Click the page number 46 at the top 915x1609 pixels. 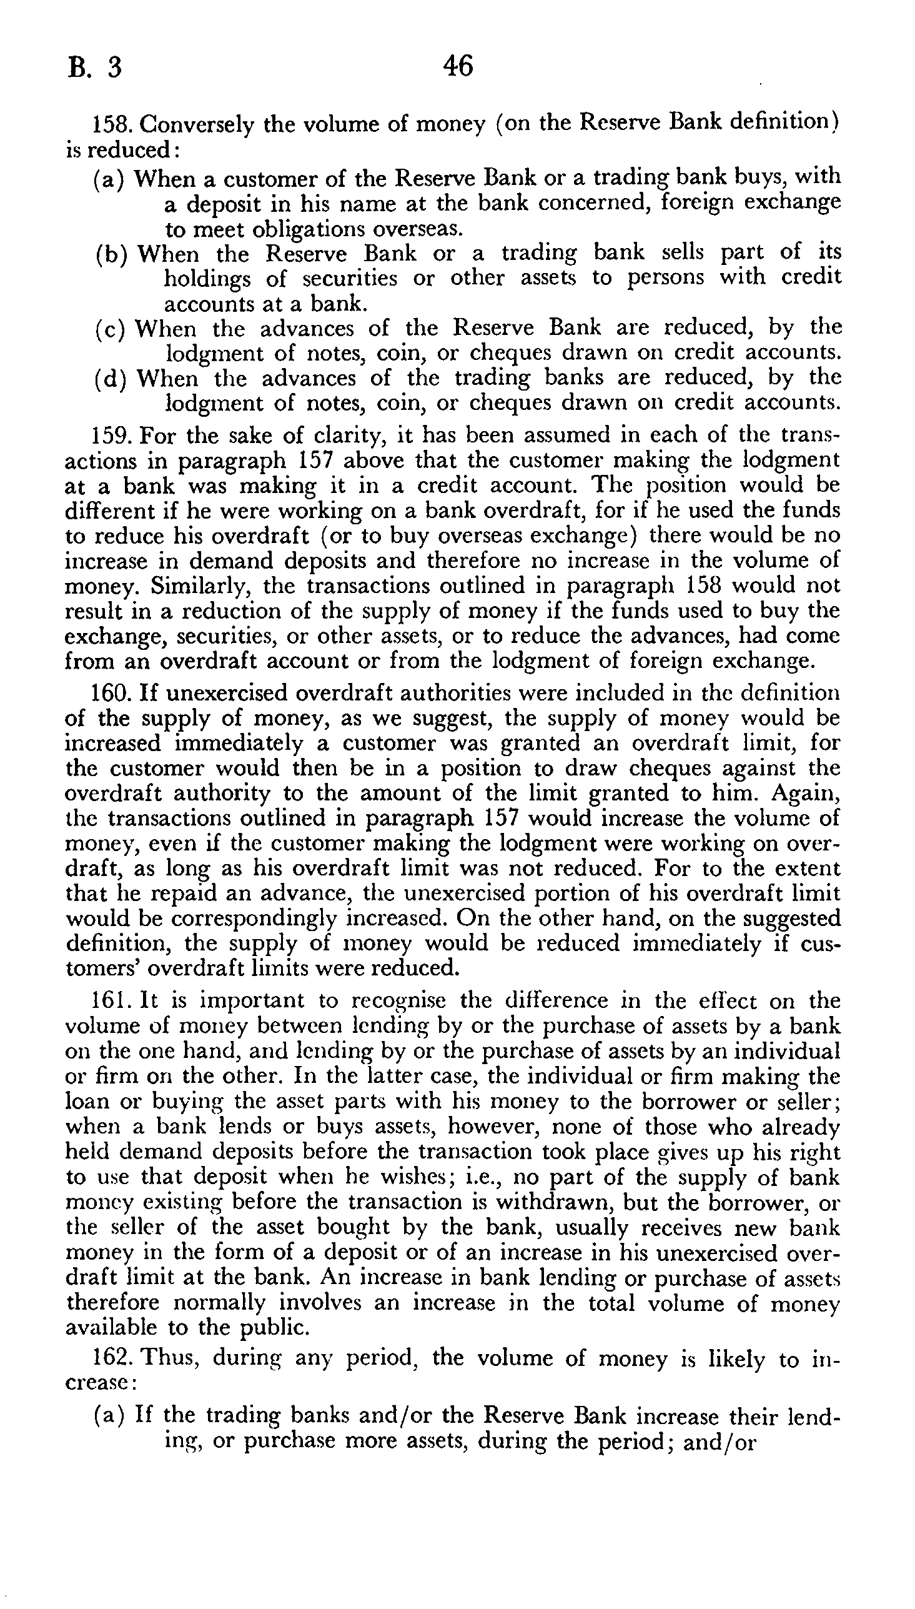pyautogui.click(x=457, y=66)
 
